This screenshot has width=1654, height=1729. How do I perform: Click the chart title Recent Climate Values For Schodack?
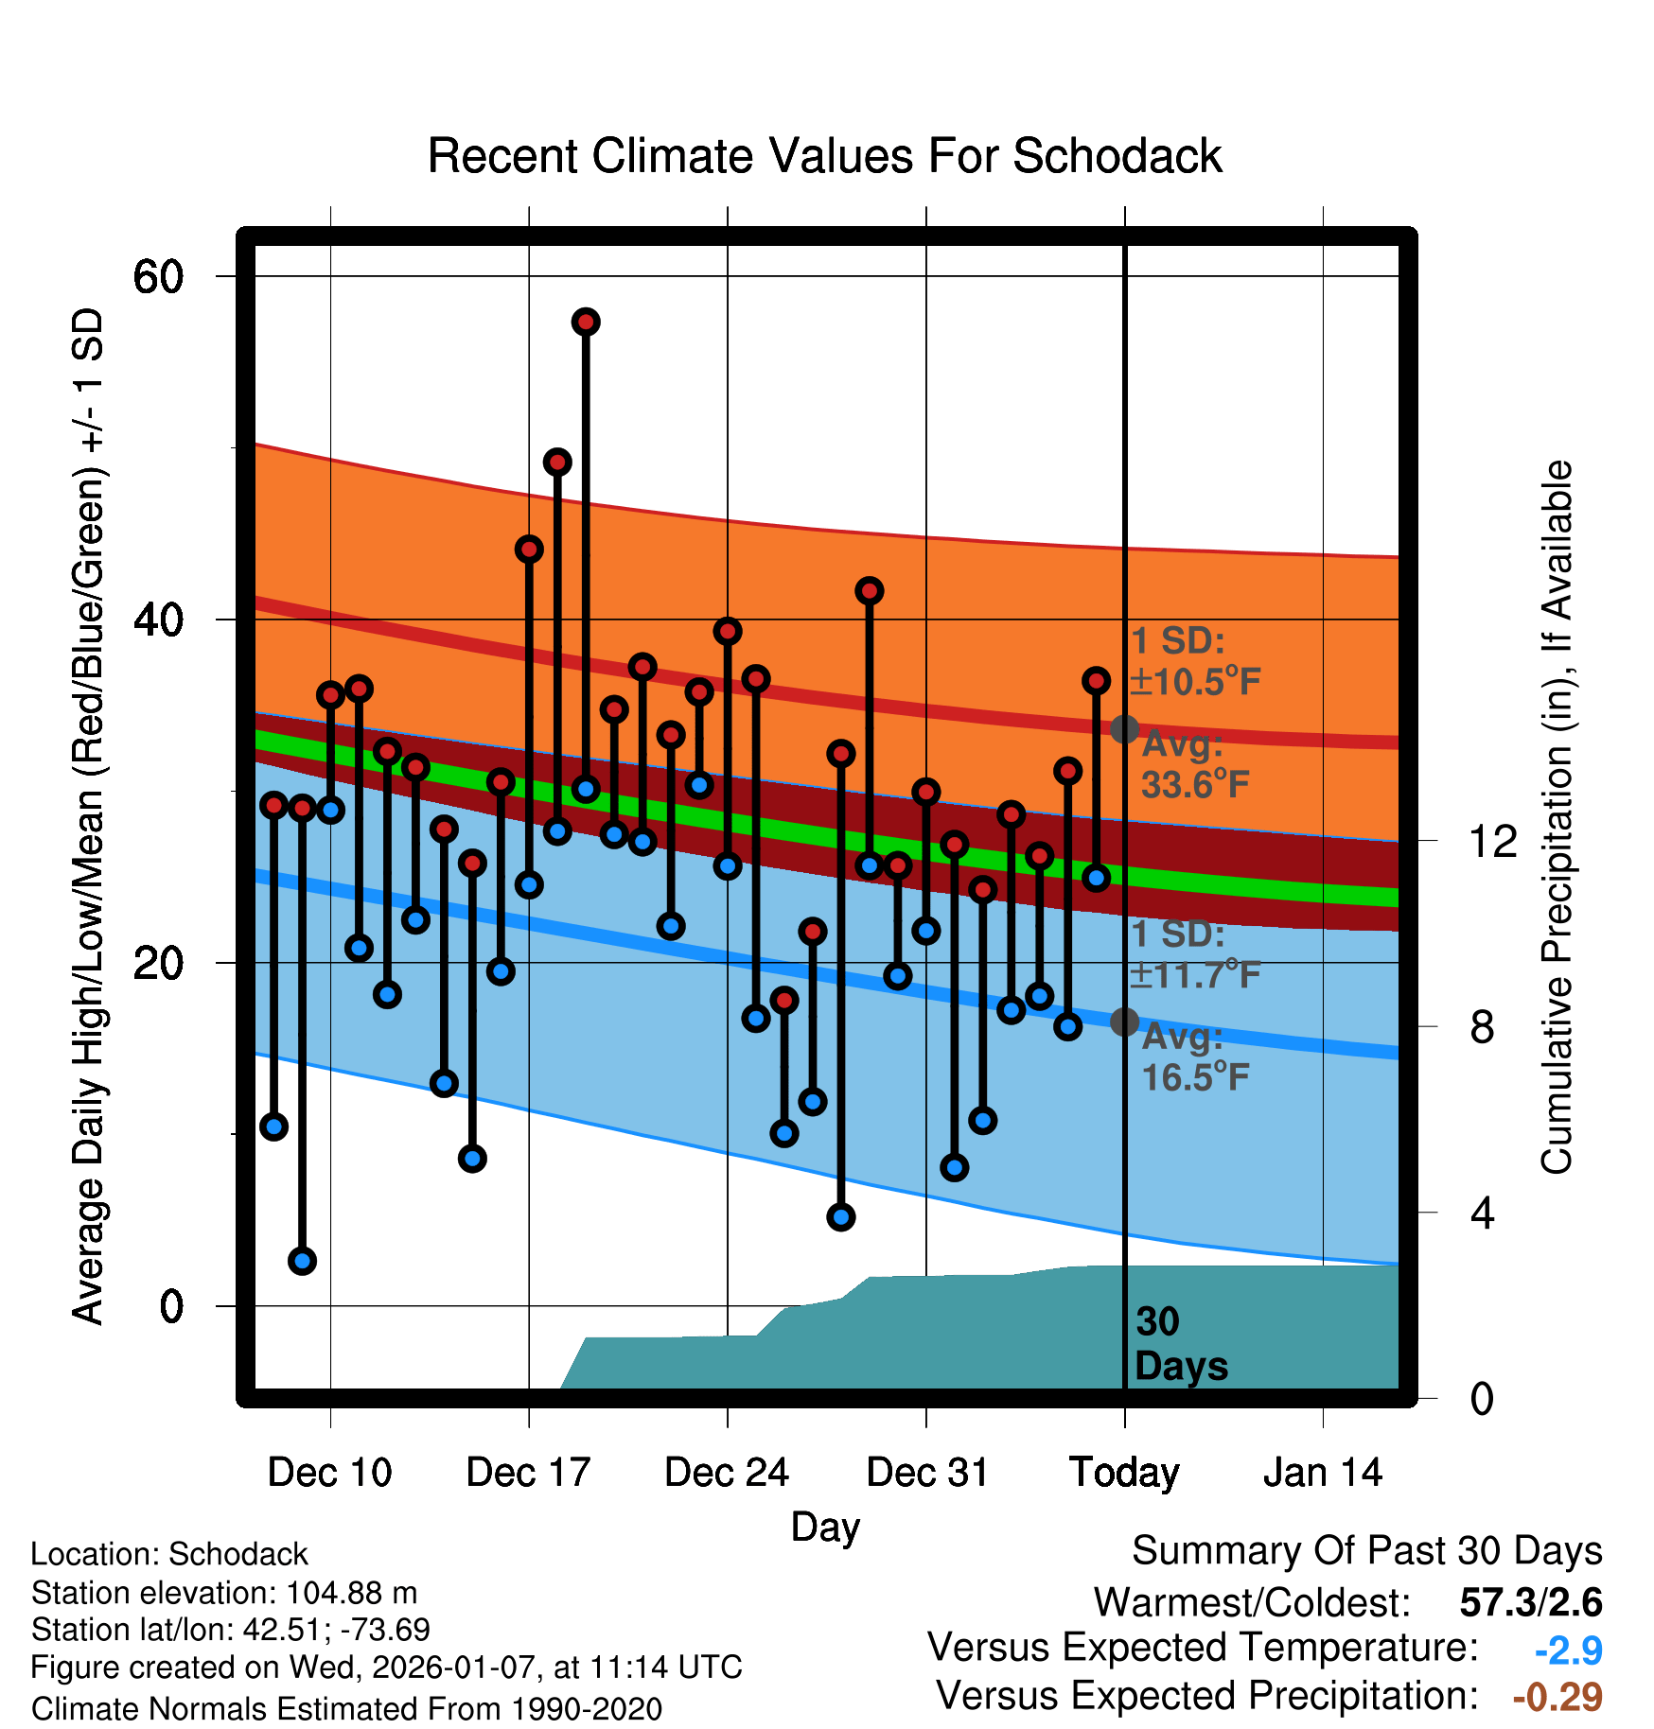pos(824,156)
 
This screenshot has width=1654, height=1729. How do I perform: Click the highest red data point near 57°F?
pos(586,322)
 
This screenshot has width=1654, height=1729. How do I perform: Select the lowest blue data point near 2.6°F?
pos(302,1261)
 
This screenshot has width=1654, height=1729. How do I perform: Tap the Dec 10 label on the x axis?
pos(329,1473)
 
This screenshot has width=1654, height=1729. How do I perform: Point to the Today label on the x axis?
pos(1124,1473)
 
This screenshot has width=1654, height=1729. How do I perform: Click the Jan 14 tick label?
pos(1323,1473)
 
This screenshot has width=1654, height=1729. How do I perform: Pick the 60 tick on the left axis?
pos(158,277)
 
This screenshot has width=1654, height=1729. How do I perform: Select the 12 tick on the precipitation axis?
pos(1492,841)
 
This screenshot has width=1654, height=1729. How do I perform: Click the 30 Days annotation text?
pos(1180,1344)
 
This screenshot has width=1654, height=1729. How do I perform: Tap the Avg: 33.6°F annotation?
pos(1194,764)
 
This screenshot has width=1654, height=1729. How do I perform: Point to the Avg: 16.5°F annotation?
pos(1194,1057)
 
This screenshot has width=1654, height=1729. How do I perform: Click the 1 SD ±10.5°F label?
pos(1194,661)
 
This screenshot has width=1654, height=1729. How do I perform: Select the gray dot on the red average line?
pos(1124,729)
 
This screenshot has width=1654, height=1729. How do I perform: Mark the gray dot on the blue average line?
pos(1124,1022)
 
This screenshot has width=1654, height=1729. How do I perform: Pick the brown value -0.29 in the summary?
pos(1557,1697)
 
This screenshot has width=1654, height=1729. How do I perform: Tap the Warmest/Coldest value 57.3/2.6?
pos(1530,1602)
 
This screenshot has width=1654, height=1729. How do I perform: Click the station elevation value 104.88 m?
pos(351,1593)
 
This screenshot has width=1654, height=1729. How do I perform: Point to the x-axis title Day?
pos(825,1527)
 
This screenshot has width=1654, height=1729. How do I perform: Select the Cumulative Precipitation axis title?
pos(1557,817)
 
